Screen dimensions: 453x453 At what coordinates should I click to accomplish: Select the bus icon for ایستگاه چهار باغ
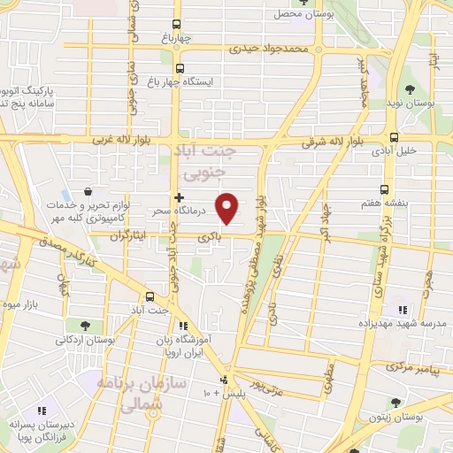(x=180, y=68)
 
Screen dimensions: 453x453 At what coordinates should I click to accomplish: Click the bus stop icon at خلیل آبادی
(x=394, y=137)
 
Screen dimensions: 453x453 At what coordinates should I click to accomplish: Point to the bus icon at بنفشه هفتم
(x=385, y=188)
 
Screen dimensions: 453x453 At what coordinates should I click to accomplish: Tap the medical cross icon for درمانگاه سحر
(x=180, y=197)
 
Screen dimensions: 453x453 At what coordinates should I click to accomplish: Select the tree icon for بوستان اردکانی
(x=84, y=326)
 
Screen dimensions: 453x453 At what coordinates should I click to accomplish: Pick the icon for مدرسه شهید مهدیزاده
(x=402, y=310)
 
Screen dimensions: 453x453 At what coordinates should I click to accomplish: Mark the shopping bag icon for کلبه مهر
(x=88, y=190)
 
